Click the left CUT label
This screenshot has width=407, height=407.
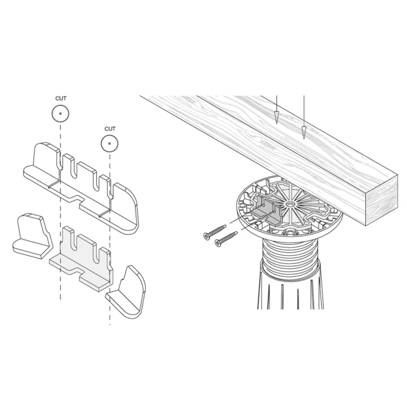coord(61,98)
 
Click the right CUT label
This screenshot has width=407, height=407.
coord(110,129)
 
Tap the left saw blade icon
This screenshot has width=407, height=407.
coord(61,113)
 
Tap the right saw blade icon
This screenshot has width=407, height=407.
coord(109,144)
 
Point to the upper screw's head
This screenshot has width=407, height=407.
coord(207,237)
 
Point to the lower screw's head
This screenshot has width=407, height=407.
coord(218,244)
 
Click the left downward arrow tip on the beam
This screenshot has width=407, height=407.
coord(277,123)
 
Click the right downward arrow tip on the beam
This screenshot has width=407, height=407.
coord(304,139)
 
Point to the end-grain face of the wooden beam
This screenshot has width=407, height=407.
coord(382,200)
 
